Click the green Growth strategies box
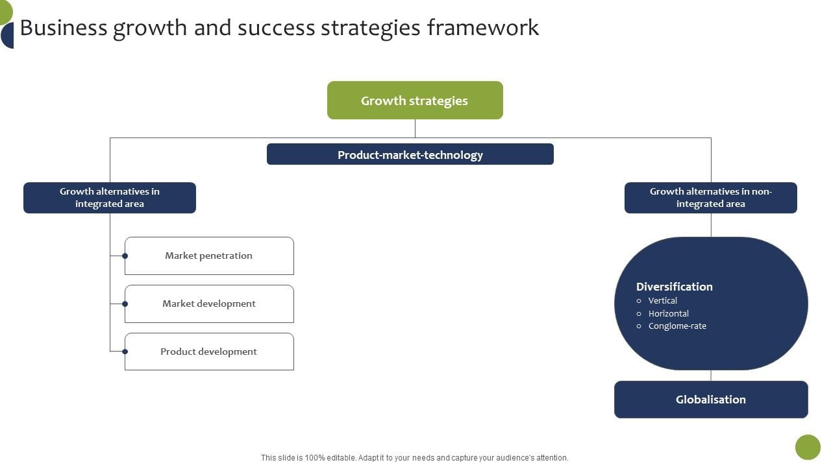coord(415,101)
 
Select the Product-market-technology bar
coord(410,154)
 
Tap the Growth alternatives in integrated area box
coord(110,198)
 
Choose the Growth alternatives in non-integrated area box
coord(710,198)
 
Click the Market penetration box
coord(209,256)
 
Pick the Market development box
coord(209,304)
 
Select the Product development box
coord(209,352)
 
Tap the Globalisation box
coord(710,400)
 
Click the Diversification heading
coord(674,287)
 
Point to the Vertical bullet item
coord(662,301)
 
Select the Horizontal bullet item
coord(668,313)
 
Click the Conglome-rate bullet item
coord(676,326)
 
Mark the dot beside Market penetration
coord(125,256)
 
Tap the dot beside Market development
coord(125,304)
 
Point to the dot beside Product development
coord(125,352)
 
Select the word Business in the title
coord(64,28)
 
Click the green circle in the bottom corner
coord(808,447)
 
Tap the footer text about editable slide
coord(414,458)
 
